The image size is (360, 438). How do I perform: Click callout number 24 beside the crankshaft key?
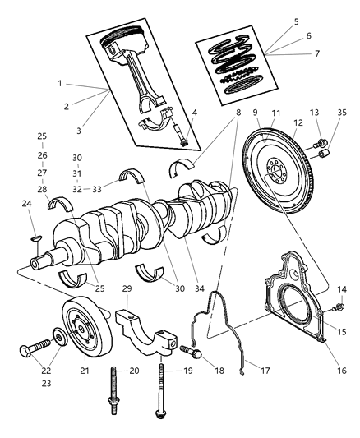point(25,204)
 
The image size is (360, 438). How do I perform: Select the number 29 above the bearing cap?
point(127,289)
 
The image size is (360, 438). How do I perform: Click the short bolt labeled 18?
point(191,353)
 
